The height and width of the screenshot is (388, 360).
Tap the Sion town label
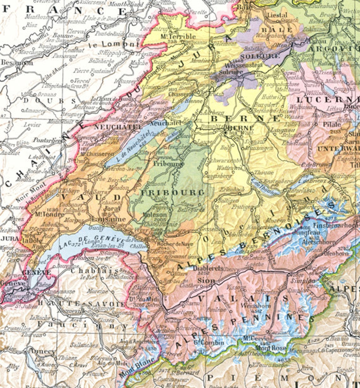click(202, 280)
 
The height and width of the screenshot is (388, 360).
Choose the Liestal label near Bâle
click(277, 15)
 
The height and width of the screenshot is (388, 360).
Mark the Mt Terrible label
click(178, 36)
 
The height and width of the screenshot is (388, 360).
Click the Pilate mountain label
click(332, 125)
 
